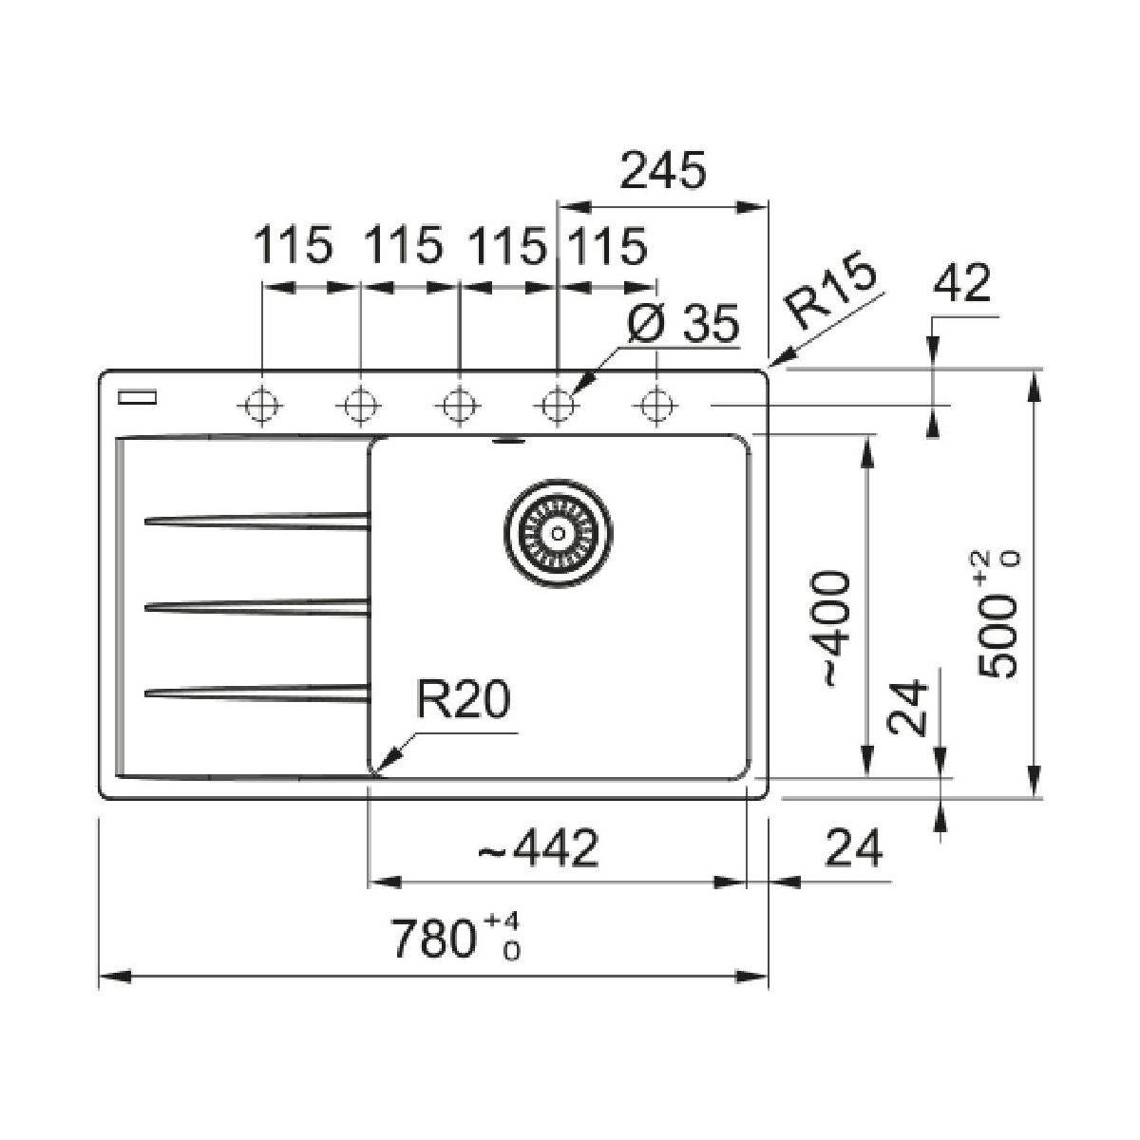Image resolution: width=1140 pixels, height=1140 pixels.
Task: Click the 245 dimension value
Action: pos(664,171)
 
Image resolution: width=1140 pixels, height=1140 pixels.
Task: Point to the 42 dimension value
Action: pos(962,283)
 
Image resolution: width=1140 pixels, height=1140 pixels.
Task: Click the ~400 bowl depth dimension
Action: pos(833,627)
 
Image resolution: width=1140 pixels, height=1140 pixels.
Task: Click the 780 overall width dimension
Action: pos(457,938)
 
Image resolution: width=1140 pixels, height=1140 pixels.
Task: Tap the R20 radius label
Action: pos(463,704)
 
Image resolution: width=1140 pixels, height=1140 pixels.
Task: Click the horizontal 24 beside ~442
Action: pos(853,847)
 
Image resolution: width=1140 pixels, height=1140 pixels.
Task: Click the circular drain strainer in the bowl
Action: pos(557,533)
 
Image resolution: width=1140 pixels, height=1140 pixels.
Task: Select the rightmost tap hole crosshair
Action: pos(654,406)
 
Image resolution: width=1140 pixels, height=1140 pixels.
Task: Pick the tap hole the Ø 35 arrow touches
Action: pos(557,406)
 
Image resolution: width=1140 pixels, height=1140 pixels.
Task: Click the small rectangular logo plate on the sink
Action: pos(134,398)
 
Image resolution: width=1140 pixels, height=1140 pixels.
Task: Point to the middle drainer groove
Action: pos(256,605)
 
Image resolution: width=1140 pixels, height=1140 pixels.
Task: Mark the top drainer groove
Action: pos(256,520)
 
